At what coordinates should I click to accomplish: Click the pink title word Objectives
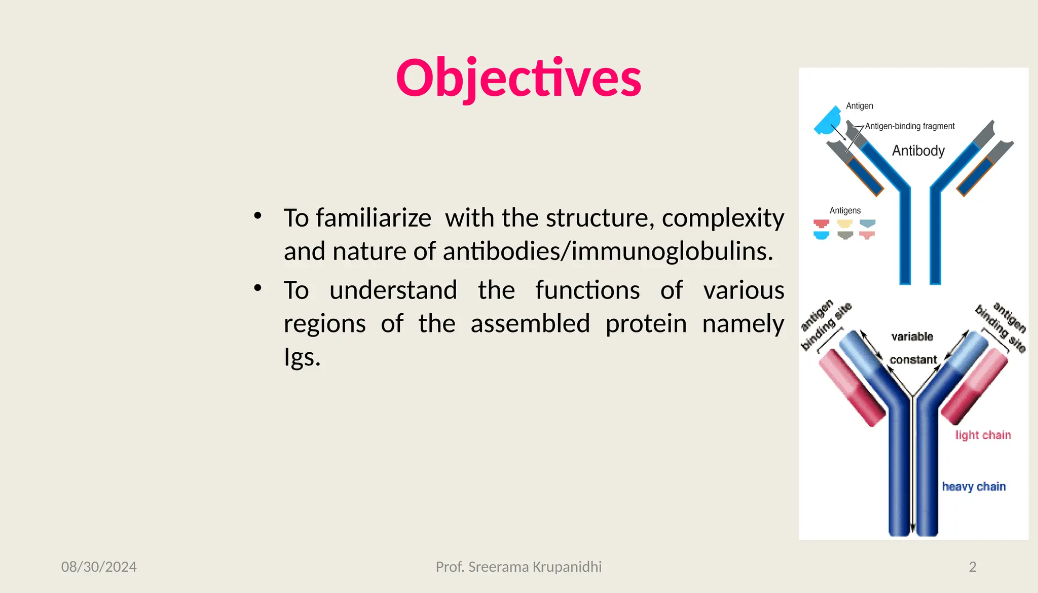point(518,78)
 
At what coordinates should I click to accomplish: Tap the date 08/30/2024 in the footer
point(99,567)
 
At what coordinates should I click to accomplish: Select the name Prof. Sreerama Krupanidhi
point(518,567)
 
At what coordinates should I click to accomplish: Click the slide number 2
point(972,567)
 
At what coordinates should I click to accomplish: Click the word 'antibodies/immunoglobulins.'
point(608,251)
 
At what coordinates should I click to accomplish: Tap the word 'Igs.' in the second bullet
point(302,357)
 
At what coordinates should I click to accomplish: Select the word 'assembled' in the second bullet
point(530,323)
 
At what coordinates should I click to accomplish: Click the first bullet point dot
point(257,215)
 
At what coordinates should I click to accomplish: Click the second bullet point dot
point(257,288)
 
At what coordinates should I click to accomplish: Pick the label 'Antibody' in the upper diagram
point(918,151)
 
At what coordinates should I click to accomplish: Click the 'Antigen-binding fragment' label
point(909,126)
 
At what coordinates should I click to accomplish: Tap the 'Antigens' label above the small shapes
point(845,210)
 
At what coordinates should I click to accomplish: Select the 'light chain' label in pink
point(983,435)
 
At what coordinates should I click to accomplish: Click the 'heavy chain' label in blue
point(974,487)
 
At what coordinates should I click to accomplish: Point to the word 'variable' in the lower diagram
point(912,337)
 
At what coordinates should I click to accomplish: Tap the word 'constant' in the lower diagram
point(913,360)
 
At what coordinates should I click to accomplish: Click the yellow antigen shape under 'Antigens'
point(845,224)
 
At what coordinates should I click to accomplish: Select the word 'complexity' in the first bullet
point(723,218)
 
